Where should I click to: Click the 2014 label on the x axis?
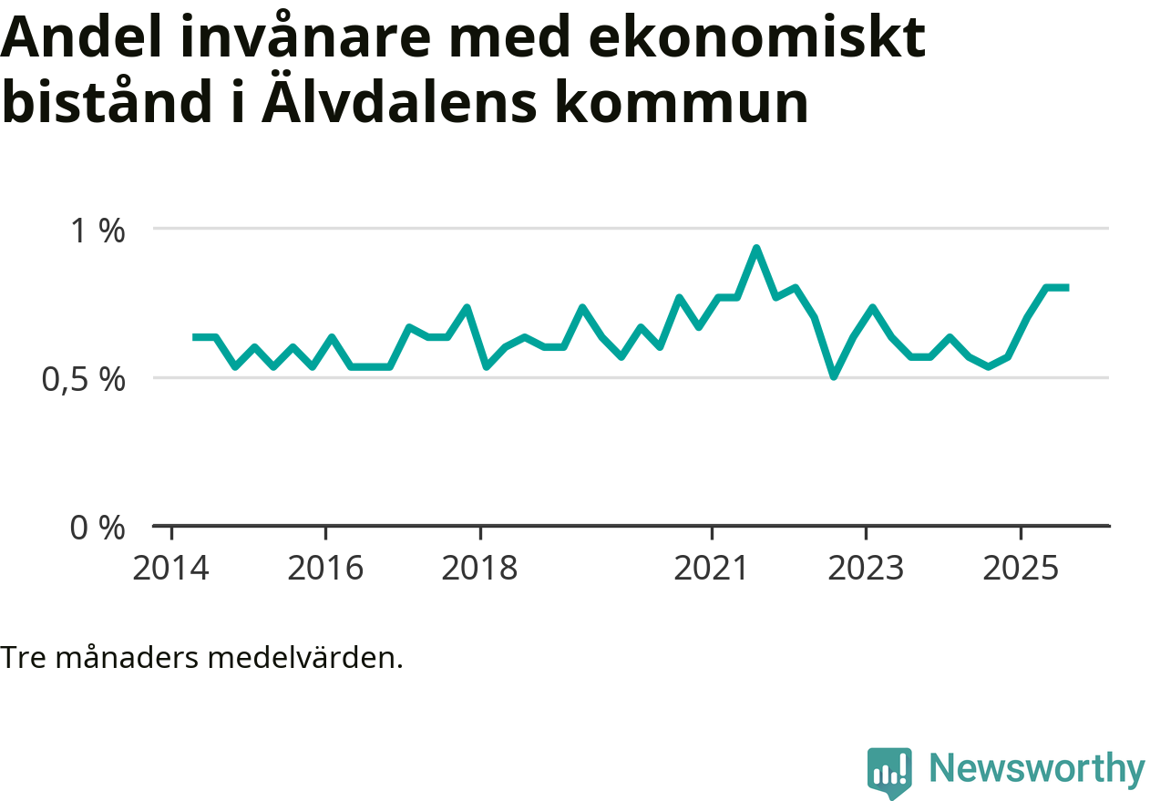tap(170, 570)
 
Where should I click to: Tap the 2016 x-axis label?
tap(325, 570)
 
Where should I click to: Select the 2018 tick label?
tap(479, 570)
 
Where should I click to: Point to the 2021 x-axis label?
tap(712, 570)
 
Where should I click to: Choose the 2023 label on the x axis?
tap(866, 570)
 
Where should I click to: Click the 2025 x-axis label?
tap(1021, 570)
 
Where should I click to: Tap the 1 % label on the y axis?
tap(98, 231)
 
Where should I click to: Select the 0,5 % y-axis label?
tap(83, 379)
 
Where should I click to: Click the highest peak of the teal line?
tap(756, 248)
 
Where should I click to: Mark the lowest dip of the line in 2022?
tap(833, 375)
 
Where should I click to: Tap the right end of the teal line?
tap(1066, 287)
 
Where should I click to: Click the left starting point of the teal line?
tap(194, 337)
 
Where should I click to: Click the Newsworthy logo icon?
tap(888, 773)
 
